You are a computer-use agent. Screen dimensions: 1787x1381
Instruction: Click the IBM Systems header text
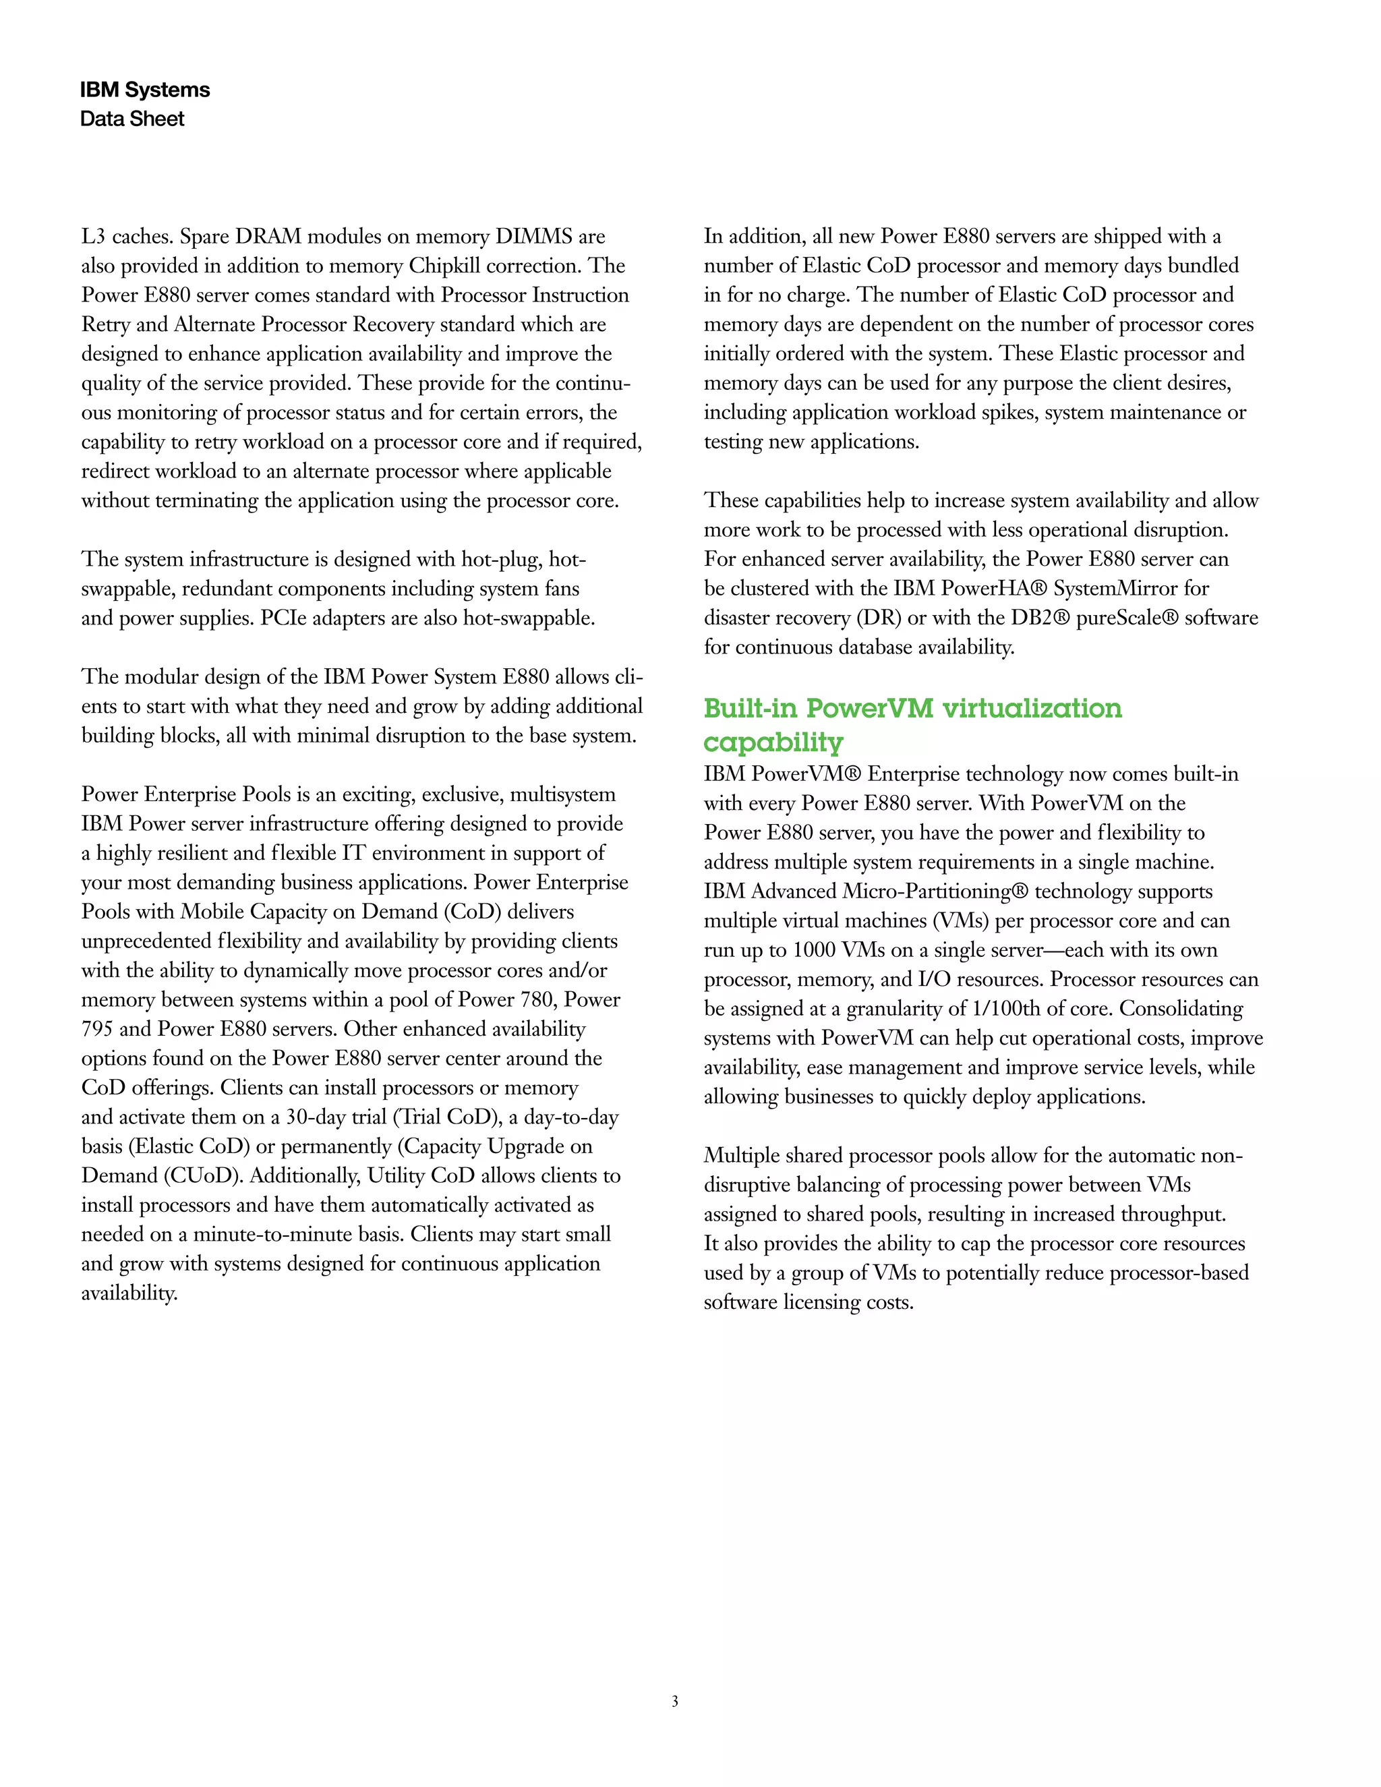point(145,90)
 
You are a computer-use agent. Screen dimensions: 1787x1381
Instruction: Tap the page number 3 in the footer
point(675,1701)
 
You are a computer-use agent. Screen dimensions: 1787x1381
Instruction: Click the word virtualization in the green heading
point(1032,709)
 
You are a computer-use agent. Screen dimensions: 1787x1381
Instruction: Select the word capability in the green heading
point(773,742)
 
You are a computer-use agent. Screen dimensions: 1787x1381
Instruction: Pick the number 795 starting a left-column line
point(96,1029)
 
